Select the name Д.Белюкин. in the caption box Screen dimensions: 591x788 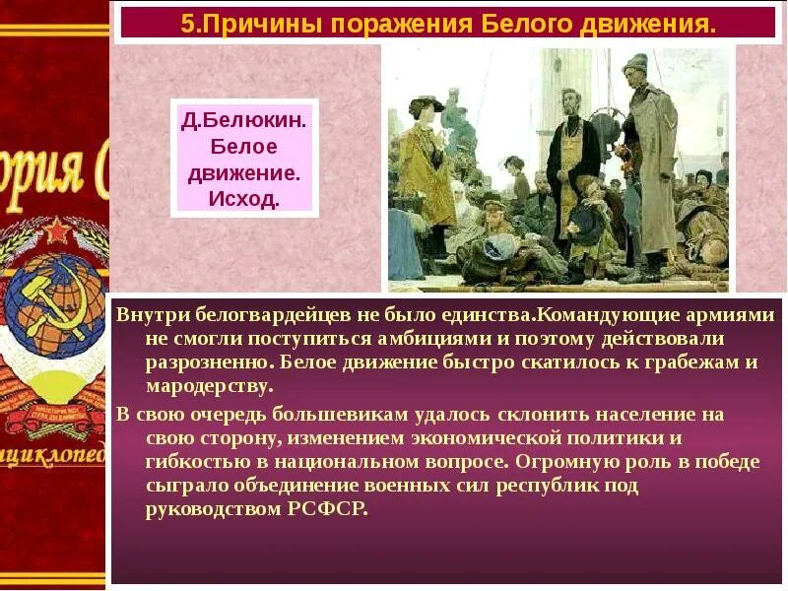click(243, 122)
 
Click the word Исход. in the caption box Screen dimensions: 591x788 click(243, 198)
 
